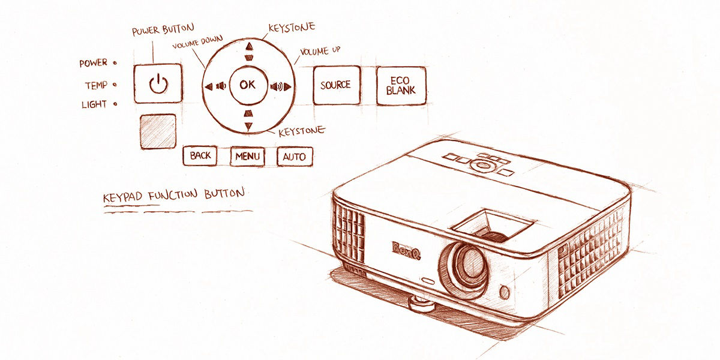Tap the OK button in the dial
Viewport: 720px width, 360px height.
click(247, 85)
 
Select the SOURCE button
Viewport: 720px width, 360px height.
click(335, 85)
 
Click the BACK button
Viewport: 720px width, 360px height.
click(200, 156)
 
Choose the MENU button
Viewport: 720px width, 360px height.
click(247, 157)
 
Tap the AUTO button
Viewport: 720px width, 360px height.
click(294, 157)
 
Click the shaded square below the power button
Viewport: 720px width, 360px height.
click(158, 131)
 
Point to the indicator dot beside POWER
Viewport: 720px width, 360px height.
click(115, 62)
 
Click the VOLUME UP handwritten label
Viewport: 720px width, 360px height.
click(320, 52)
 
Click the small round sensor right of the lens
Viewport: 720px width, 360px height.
click(504, 292)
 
